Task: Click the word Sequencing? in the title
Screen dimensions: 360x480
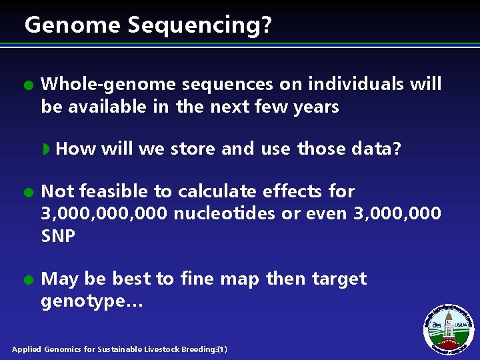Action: click(x=200, y=26)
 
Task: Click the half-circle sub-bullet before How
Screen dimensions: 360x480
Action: click(x=47, y=149)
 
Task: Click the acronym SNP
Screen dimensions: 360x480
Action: click(x=58, y=236)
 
